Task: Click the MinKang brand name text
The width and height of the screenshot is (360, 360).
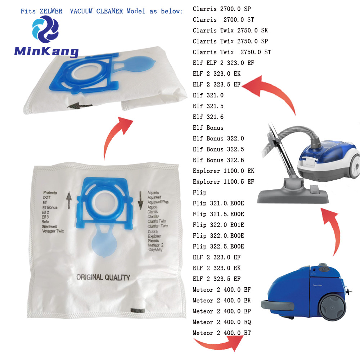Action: pos(46,51)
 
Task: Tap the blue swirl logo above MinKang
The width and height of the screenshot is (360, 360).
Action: pos(45,29)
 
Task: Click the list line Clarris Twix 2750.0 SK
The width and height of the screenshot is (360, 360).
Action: pos(230,30)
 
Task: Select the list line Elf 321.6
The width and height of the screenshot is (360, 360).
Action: pos(208,117)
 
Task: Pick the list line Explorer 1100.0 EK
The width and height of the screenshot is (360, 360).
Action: pos(224,171)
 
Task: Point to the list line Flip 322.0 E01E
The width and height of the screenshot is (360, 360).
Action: pos(219,225)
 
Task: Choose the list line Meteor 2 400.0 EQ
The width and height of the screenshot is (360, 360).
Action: pos(222,322)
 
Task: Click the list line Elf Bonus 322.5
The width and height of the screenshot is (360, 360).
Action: pos(219,149)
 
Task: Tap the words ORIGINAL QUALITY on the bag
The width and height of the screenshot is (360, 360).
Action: pos(103,277)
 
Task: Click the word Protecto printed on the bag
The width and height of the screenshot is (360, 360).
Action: pos(50,193)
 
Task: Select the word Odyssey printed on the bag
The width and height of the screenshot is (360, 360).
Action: pos(156,249)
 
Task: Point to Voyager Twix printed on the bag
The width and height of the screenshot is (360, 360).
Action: pos(53,231)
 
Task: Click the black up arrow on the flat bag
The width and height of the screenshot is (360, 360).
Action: pos(69,200)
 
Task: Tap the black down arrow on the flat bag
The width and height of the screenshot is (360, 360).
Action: pos(140,201)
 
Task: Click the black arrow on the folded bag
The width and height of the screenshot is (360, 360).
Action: pos(80,106)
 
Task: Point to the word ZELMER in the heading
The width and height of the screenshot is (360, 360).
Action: pos(51,11)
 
